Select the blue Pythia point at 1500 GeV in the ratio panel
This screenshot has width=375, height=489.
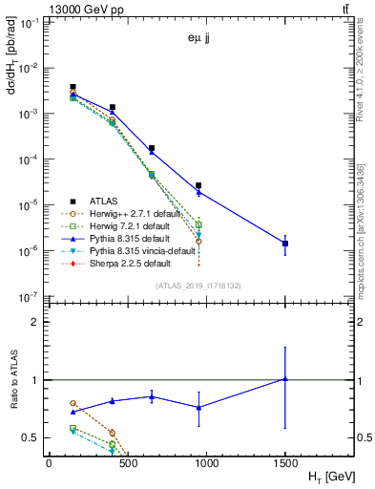pyautogui.click(x=285, y=379)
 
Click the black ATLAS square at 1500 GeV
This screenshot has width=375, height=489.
pyautogui.click(x=285, y=244)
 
